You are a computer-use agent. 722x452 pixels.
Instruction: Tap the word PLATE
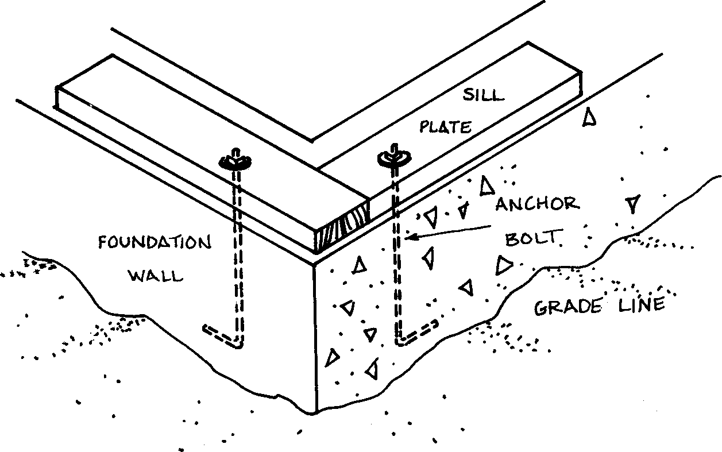pos(445,127)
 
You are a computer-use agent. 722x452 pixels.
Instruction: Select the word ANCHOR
pos(537,203)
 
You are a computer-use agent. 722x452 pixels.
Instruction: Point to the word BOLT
pos(531,238)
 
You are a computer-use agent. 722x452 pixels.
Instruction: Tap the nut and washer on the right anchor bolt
pos(393,157)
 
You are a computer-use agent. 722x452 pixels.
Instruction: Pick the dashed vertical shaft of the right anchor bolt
pos(396,258)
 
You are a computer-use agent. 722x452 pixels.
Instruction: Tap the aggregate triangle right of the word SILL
pos(589,118)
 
